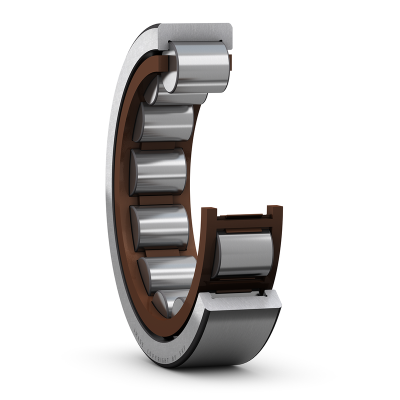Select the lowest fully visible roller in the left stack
click(165, 272)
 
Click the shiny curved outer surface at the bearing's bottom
click(235, 340)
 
